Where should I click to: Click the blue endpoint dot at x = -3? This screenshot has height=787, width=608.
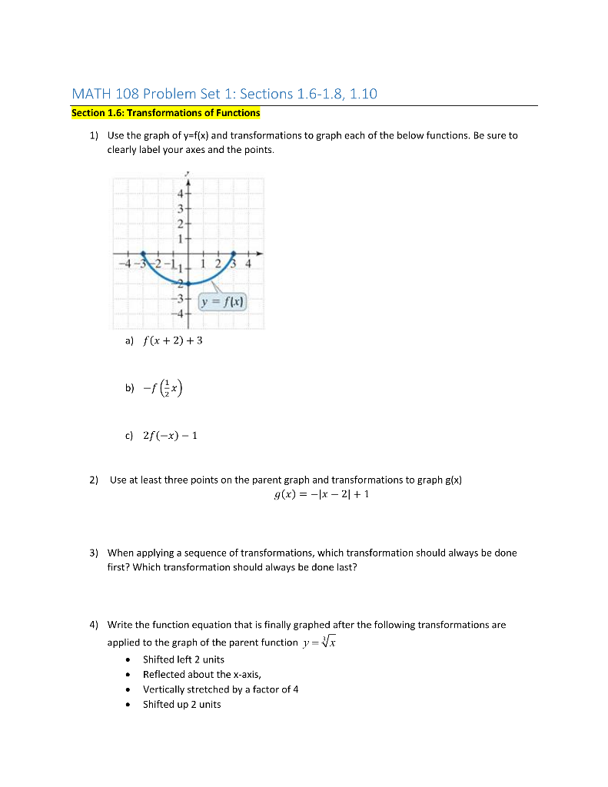(143, 253)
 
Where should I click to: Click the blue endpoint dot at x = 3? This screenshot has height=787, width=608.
(234, 253)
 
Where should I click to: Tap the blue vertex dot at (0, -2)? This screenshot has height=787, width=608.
(188, 283)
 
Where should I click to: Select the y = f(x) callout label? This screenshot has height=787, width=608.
(222, 302)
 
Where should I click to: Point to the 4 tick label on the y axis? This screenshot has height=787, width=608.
(181, 193)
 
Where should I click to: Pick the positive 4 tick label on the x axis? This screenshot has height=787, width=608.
(248, 265)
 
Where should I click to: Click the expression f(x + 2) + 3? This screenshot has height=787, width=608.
(172, 340)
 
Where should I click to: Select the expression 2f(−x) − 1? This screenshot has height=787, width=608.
(171, 436)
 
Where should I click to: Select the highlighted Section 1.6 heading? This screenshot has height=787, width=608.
(166, 113)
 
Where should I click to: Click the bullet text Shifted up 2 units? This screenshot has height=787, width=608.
(181, 704)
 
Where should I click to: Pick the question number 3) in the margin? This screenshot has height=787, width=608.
(93, 553)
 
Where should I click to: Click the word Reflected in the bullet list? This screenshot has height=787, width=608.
(164, 674)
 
